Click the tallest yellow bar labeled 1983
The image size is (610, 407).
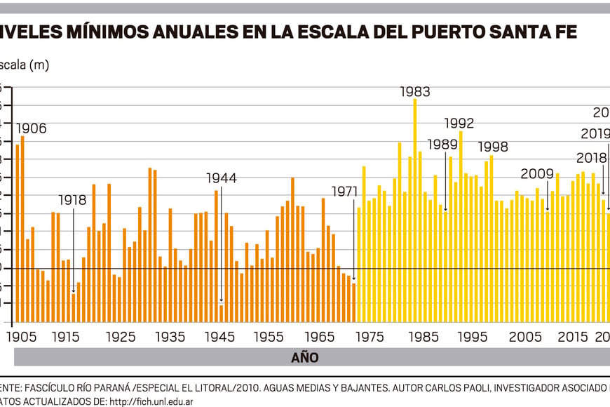coord(415,211)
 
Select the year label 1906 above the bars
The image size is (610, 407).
coord(31,128)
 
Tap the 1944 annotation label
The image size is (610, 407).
coord(222,178)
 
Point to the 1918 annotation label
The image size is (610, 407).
coord(72,200)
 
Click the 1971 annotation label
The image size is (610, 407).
coord(345,191)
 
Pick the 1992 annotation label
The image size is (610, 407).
coord(459,124)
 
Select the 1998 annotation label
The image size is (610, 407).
coord(494,147)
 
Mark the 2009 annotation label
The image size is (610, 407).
coord(537,174)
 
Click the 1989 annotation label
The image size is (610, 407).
coord(442,145)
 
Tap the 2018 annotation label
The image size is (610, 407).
coord(592,158)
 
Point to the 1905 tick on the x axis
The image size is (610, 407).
coord(20,337)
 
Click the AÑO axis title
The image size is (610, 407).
coord(305,358)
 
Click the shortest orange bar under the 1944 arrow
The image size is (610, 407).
coord(221,313)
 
